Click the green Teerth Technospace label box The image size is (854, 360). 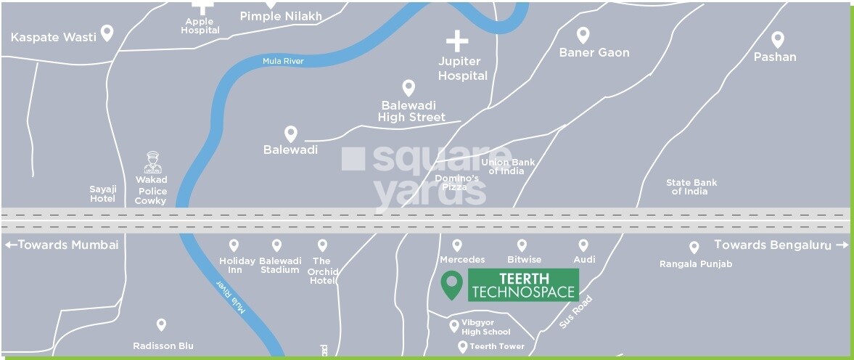point(523,285)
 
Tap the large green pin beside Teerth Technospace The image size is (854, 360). point(452,285)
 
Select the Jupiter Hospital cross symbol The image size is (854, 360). point(457,41)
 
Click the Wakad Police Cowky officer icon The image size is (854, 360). point(152,162)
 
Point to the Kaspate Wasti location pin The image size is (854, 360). point(107,33)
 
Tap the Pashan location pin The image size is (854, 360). point(778,40)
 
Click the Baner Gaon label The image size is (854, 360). point(594,52)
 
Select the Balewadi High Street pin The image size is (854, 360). point(408,88)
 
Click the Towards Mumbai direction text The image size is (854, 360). point(61,245)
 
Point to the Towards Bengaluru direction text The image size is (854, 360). point(780,245)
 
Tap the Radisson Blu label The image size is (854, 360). point(163,345)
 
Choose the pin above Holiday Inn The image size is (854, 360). point(234,246)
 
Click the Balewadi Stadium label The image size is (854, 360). point(279,265)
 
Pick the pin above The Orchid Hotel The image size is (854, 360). point(322,246)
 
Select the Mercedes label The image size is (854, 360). point(462,259)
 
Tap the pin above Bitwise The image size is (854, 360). point(522,246)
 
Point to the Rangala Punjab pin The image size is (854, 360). point(694,247)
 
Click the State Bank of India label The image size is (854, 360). point(691,187)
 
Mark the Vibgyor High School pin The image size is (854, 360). point(453,324)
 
